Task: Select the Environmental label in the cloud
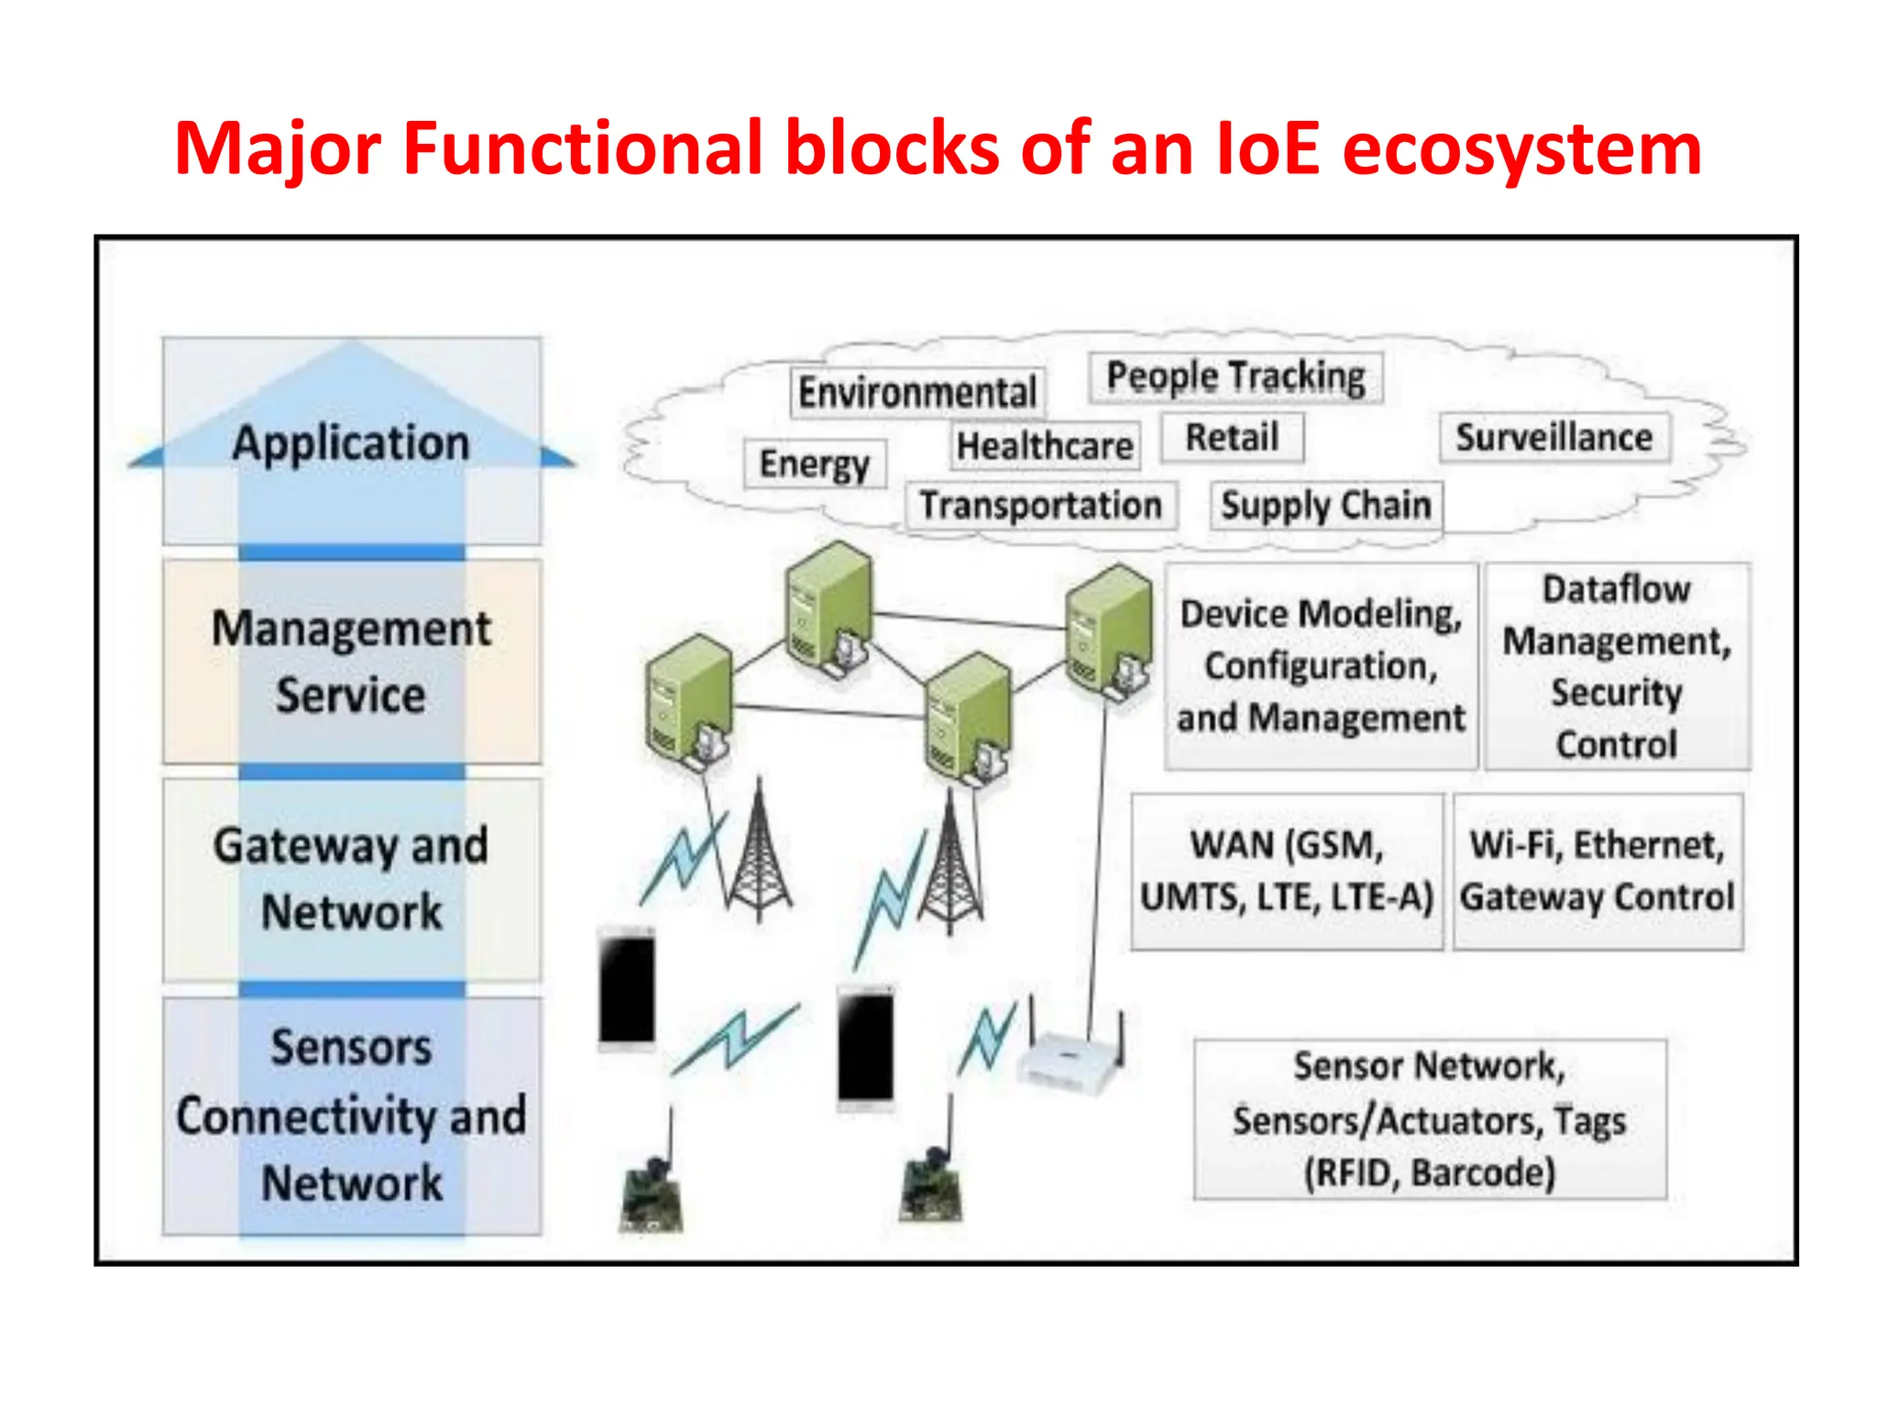917,393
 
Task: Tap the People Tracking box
1235,377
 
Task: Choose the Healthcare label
1045,446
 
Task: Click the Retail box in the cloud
1232,438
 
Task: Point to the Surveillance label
1554,438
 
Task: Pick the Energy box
814,464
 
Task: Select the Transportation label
1041,506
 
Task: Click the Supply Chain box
1325,506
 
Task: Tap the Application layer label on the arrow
351,443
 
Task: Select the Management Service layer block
351,661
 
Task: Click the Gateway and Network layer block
351,878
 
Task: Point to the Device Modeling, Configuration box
1321,666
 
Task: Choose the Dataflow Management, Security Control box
1617,666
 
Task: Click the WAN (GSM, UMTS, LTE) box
1286,871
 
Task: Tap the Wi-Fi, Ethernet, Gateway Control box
1597,871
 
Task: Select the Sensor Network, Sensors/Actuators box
1429,1118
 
